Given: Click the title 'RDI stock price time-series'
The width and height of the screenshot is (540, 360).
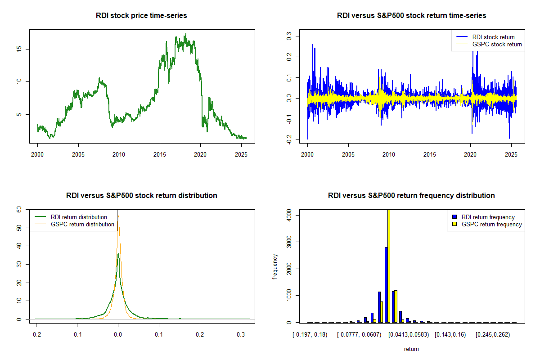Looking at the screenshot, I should click(x=141, y=16).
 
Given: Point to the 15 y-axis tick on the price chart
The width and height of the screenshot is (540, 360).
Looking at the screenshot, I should click(x=19, y=49).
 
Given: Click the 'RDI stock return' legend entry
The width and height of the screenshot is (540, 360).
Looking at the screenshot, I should click(x=493, y=37).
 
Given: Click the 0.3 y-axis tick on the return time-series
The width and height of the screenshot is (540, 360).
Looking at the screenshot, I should click(x=289, y=36).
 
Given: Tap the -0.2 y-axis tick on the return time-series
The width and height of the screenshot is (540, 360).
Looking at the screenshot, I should click(x=289, y=140).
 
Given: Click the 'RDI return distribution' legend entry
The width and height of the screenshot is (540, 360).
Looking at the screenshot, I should click(x=79, y=217).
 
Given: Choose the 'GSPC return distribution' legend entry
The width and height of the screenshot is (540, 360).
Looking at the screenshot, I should click(x=82, y=224).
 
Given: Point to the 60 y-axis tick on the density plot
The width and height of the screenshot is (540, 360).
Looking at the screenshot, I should click(x=19, y=209).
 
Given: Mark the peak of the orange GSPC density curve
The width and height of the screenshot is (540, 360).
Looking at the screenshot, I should click(x=118, y=217).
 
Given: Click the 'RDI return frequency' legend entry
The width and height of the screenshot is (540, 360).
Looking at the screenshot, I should click(x=488, y=217).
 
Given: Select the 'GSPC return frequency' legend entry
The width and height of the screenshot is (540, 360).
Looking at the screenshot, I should click(x=491, y=224).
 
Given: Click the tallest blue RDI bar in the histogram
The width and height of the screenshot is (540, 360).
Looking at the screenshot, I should click(x=386, y=284).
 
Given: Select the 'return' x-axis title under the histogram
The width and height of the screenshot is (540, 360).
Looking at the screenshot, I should click(x=411, y=349).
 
